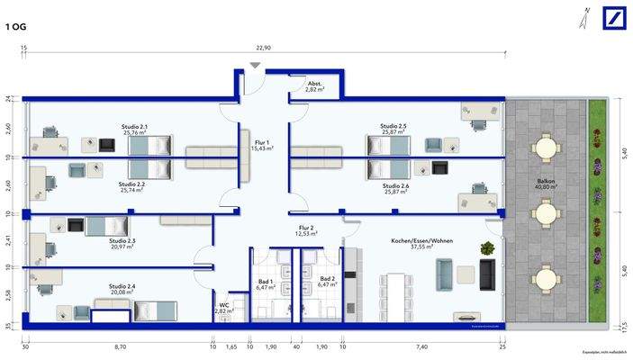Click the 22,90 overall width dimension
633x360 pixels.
pyautogui.click(x=262, y=48)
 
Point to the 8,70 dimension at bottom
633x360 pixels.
pyautogui.click(x=119, y=346)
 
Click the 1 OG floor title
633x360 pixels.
pyautogui.click(x=16, y=27)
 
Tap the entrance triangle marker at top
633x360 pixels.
pyautogui.click(x=257, y=66)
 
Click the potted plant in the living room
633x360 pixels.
pyautogui.click(x=487, y=247)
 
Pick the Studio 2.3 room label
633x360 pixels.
pyautogui.click(x=122, y=241)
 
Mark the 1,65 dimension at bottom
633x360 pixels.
pyautogui.click(x=231, y=346)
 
